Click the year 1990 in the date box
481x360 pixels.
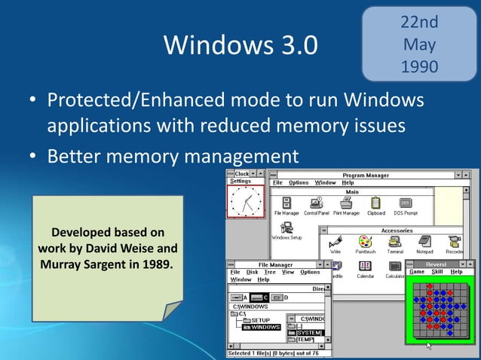click(420, 66)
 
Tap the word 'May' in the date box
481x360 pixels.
click(420, 44)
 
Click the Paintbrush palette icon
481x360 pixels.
click(365, 242)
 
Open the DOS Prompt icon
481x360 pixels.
click(405, 203)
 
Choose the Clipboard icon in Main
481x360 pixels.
click(375, 203)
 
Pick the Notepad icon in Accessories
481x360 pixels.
click(424, 242)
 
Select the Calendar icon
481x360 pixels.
click(366, 266)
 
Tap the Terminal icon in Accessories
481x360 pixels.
click(395, 242)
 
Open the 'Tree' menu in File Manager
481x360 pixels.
click(270, 272)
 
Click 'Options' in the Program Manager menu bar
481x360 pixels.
click(299, 182)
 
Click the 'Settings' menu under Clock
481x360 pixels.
click(241, 181)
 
